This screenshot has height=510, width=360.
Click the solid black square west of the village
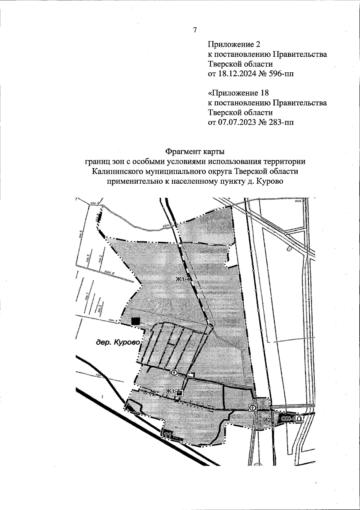pyautogui.click(x=136, y=321)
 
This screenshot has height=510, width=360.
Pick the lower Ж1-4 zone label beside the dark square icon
pyautogui.click(x=172, y=391)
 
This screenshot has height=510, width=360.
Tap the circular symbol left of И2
pyautogui.click(x=253, y=408)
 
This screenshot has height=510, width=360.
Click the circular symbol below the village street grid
pyautogui.click(x=174, y=373)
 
